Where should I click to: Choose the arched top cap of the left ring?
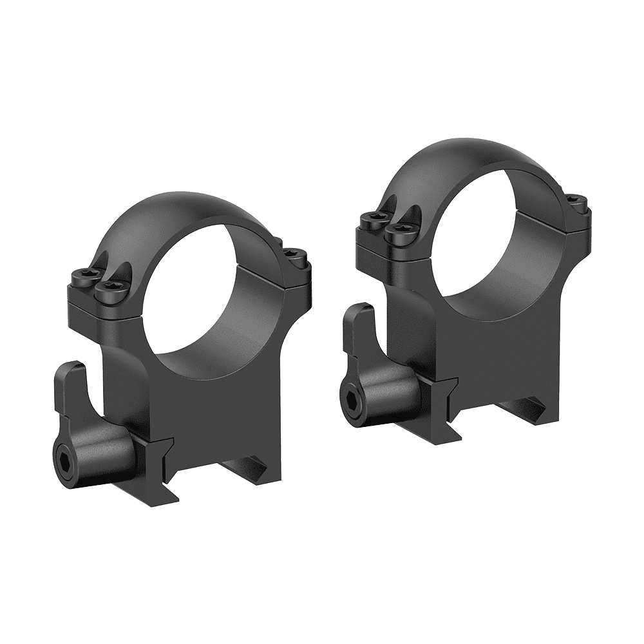coord(187,213)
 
